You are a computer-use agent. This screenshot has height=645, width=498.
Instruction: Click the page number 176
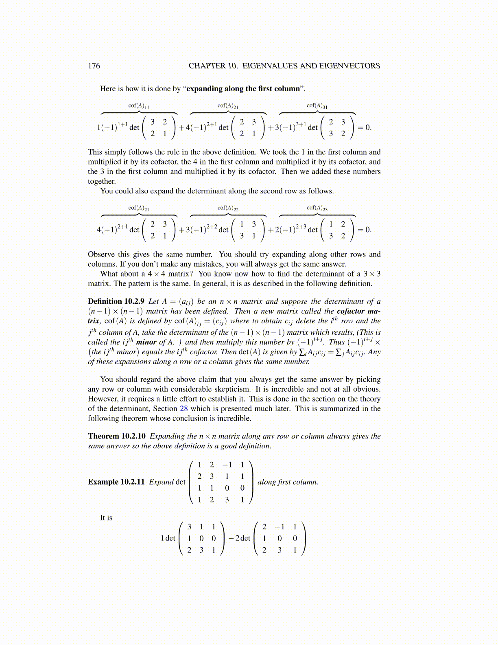[94, 66]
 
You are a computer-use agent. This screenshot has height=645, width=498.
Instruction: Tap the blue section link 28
[183, 408]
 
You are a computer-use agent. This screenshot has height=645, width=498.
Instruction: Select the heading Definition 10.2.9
[116, 301]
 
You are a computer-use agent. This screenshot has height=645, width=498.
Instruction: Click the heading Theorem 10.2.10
[116, 436]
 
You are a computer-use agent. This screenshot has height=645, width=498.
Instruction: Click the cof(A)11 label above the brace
[139, 106]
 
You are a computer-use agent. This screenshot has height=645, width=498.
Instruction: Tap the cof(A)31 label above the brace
[317, 106]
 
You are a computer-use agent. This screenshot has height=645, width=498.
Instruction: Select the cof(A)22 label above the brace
[228, 208]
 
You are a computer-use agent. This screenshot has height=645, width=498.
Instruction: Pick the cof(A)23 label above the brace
[317, 208]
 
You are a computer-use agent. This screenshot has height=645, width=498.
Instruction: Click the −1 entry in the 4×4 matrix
[227, 465]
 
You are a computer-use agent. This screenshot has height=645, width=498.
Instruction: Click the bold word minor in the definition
[146, 342]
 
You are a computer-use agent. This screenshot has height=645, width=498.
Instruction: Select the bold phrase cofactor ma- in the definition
[358, 311]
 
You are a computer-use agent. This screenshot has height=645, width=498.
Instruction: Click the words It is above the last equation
[106, 518]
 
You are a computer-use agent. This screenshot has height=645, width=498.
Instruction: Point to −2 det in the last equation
[239, 538]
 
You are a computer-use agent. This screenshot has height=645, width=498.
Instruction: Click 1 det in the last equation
[168, 538]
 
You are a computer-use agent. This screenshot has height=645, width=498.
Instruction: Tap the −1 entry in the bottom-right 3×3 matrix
[280, 527]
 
